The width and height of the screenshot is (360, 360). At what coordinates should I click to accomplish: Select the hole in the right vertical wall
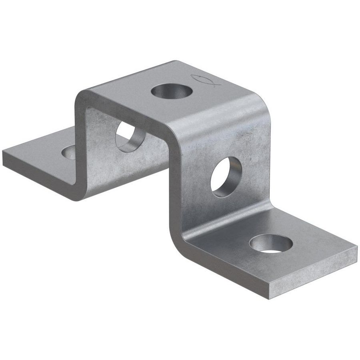226,176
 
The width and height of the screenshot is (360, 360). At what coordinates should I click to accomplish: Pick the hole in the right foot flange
271,243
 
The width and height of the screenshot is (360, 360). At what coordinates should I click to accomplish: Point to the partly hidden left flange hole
69,152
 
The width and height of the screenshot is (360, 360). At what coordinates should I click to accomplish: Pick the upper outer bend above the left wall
82,96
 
